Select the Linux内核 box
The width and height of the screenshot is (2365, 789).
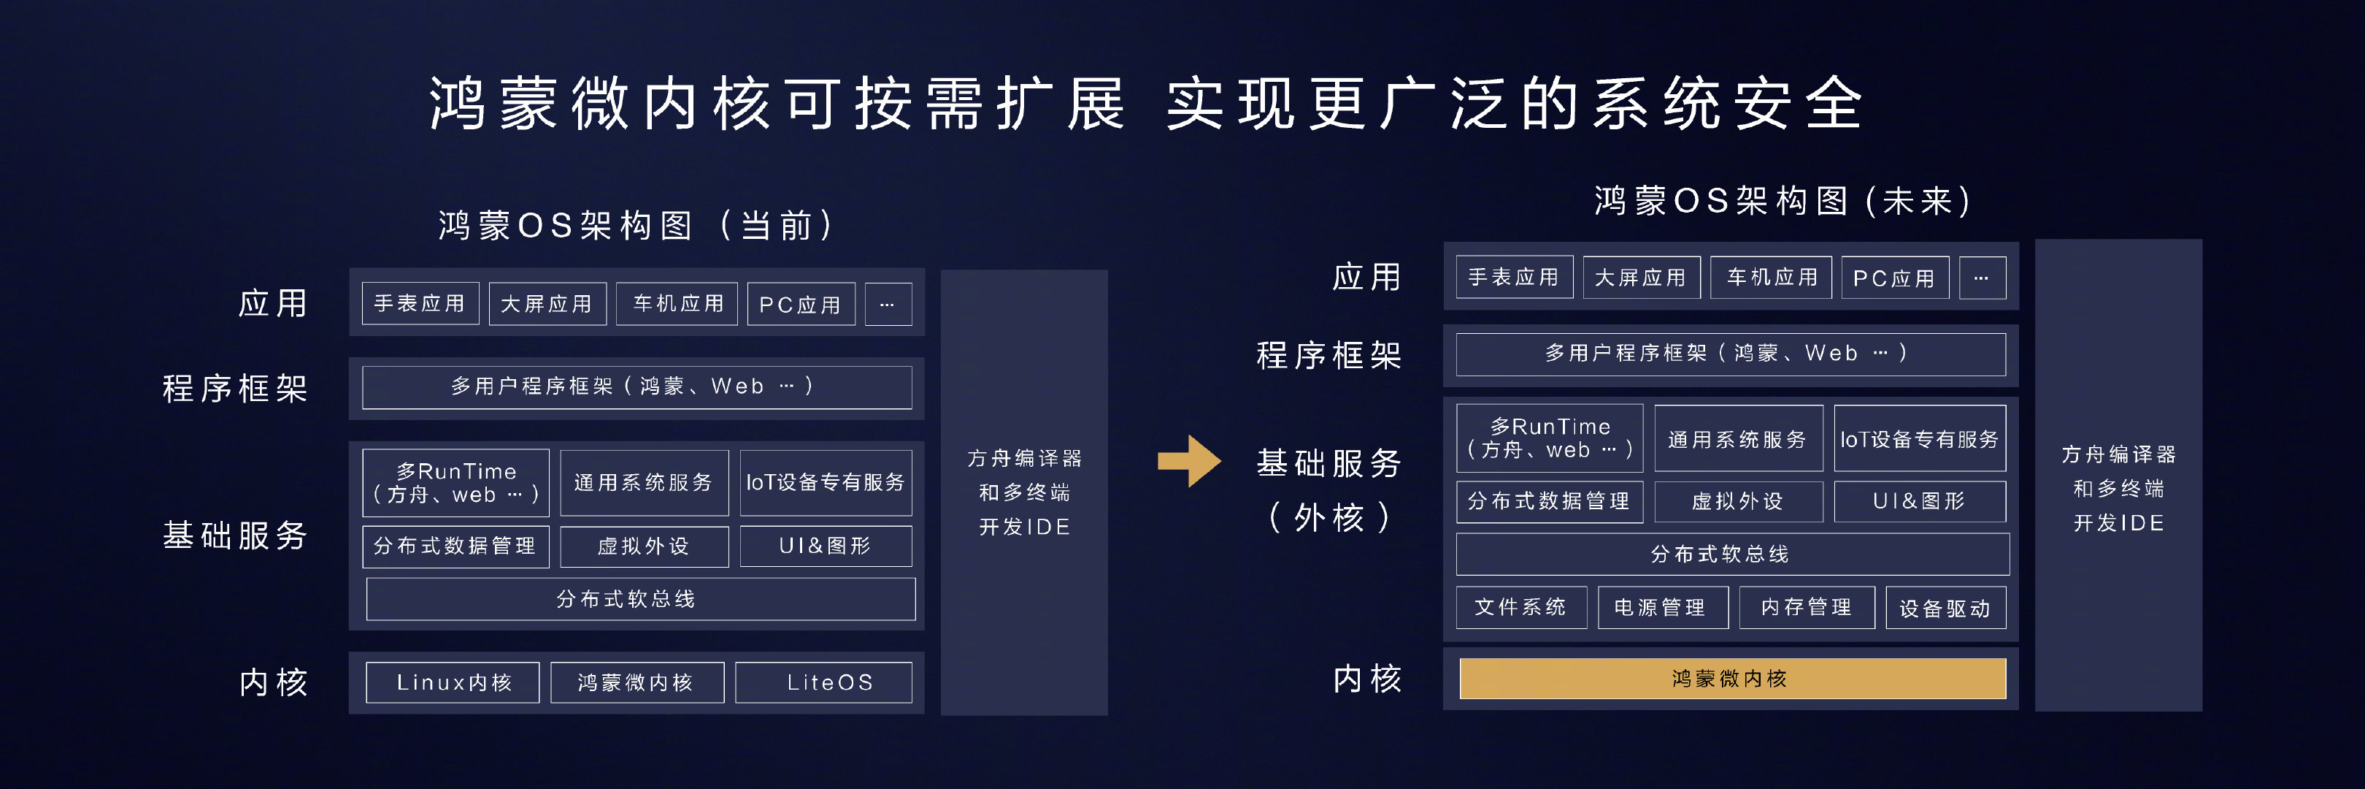pyautogui.click(x=453, y=682)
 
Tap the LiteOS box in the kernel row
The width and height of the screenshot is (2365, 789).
pyautogui.click(x=823, y=682)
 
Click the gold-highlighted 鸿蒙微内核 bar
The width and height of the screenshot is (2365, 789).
pyautogui.click(x=1732, y=678)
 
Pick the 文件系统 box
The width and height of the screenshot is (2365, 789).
pyautogui.click(x=1521, y=607)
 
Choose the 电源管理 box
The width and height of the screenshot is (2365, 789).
pyautogui.click(x=1663, y=607)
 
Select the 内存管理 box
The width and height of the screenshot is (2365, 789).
pyautogui.click(x=1807, y=607)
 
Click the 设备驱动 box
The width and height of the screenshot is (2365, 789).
pyautogui.click(x=1946, y=607)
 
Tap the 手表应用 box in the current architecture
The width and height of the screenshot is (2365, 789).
pyautogui.click(x=420, y=303)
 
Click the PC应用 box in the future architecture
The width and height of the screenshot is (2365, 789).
pyautogui.click(x=1895, y=278)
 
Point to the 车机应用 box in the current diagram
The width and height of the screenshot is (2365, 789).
pyautogui.click(x=677, y=303)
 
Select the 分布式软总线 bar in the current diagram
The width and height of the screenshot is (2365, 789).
pyautogui.click(x=641, y=599)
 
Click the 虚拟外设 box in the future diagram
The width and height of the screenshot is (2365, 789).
pyautogui.click(x=1738, y=501)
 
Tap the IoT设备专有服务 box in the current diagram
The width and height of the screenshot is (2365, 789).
pyautogui.click(x=826, y=482)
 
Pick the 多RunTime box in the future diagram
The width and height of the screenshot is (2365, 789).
pyautogui.click(x=1550, y=438)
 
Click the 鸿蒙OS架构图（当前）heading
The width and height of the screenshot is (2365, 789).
pyautogui.click(x=637, y=225)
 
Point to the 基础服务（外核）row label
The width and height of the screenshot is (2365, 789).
pyautogui.click(x=1328, y=489)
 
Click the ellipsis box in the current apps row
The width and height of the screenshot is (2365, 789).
pyautogui.click(x=888, y=304)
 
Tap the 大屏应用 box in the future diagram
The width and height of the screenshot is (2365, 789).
pyautogui.click(x=1642, y=278)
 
